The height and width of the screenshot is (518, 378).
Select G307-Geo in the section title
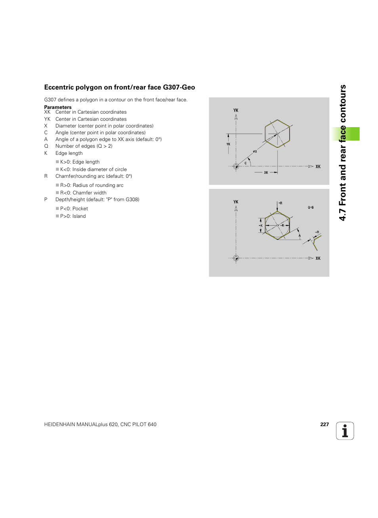tap(179, 88)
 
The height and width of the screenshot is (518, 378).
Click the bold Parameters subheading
tap(58, 107)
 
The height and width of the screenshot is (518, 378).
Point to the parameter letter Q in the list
tap(46, 146)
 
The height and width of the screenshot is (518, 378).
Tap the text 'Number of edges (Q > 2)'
tap(84, 146)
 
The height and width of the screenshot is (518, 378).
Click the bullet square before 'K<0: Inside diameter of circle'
tap(57, 169)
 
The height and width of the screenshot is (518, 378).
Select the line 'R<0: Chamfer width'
tap(83, 193)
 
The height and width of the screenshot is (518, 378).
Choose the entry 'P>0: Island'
tap(73, 216)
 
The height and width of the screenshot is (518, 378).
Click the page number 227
tap(324, 425)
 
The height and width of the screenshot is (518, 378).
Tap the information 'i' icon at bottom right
tap(345, 431)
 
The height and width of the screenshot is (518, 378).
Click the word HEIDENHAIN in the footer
tap(59, 425)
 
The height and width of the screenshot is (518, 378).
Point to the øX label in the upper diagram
tap(255, 151)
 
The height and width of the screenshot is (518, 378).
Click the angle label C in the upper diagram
tap(246, 163)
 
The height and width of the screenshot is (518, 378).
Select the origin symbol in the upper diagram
tap(236, 166)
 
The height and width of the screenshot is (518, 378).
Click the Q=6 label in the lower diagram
tap(311, 208)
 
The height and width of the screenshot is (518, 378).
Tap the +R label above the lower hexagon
tap(280, 203)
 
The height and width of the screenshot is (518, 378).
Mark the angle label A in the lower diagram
tap(300, 236)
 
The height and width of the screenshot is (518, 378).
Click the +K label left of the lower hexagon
tap(261, 226)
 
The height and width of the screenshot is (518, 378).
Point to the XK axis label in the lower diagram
tap(318, 258)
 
